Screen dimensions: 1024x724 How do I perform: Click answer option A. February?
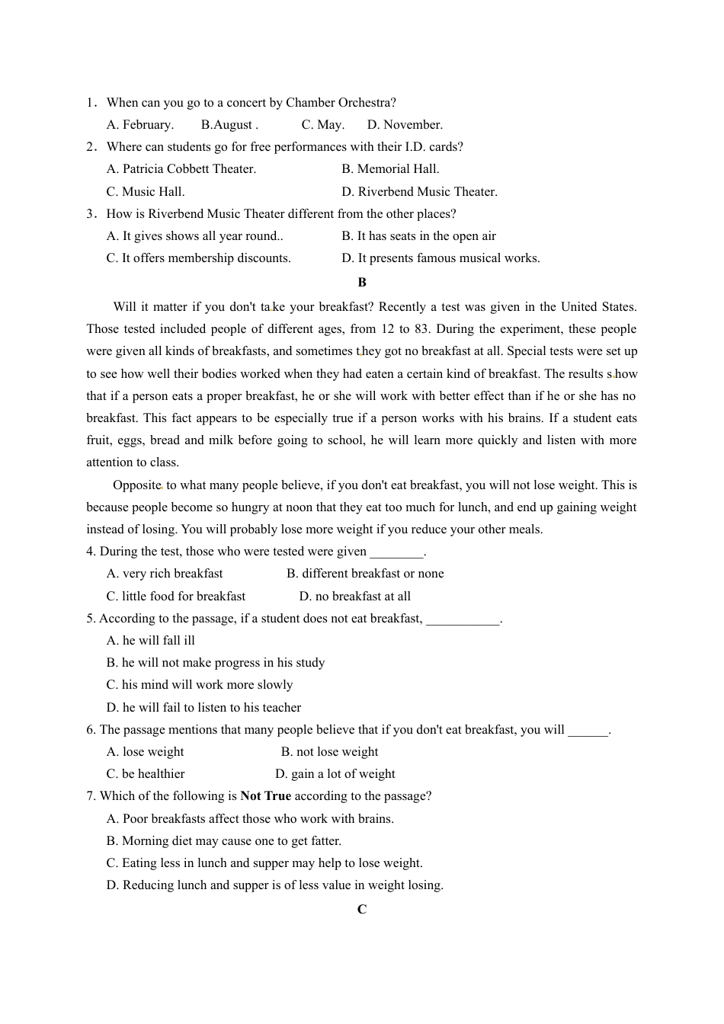140,125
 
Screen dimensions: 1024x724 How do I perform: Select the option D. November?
405,125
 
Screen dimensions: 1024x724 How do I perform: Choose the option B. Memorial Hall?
390,169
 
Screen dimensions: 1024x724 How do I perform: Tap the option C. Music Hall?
146,192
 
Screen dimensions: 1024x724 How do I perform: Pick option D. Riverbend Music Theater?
419,192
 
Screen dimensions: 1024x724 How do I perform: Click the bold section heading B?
362,283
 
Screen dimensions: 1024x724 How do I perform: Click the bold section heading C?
362,910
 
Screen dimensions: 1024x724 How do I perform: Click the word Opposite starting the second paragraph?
137,485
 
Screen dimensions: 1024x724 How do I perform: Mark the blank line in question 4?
396,552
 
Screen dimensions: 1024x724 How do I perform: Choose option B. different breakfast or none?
365,574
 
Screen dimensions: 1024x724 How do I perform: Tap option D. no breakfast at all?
354,597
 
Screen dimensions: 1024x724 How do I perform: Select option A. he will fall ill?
151,641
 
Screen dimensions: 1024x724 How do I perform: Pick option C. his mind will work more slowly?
200,685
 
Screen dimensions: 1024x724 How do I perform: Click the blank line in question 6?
588,731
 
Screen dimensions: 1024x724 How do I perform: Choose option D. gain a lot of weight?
335,774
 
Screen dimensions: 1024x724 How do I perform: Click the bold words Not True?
265,796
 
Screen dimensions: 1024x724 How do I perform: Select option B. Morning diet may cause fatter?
224,841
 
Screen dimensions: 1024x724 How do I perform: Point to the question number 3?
91,214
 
